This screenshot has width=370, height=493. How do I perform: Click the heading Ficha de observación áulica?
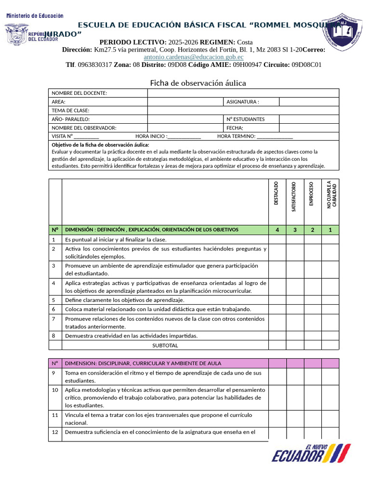click(x=198, y=83)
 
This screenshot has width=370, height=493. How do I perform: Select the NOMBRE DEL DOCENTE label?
click(x=79, y=93)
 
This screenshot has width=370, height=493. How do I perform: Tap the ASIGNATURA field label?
click(x=243, y=102)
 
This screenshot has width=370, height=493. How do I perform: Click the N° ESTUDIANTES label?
click(x=245, y=119)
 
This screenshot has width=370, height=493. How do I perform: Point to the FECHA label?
click(x=235, y=128)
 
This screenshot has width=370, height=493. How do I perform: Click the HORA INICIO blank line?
click(x=185, y=137)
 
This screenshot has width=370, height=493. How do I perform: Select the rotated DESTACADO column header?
click(x=277, y=194)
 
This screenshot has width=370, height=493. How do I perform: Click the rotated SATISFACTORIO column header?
click(x=294, y=196)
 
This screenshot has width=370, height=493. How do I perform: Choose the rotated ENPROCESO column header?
click(x=312, y=194)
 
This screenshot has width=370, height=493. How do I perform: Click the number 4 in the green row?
click(x=277, y=230)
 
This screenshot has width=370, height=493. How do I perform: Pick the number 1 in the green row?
click(x=330, y=230)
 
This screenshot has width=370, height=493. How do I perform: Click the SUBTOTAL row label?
click(x=165, y=345)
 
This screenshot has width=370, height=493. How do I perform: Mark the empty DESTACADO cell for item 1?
click(x=277, y=239)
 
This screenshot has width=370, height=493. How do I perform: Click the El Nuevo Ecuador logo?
click(x=311, y=454)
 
